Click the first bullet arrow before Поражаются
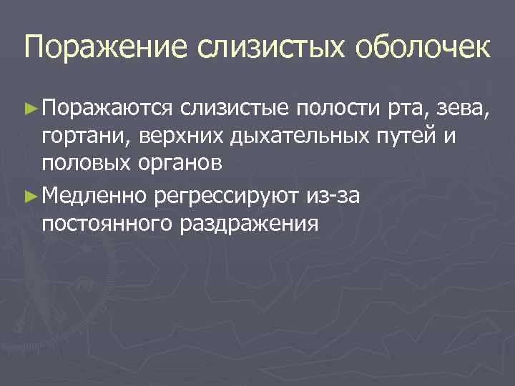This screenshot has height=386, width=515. [x=31, y=108]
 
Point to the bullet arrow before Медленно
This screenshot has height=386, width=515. [x=31, y=194]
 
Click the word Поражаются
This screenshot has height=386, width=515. [x=107, y=109]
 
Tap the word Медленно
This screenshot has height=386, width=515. [x=95, y=194]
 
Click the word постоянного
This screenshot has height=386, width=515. [x=99, y=224]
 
